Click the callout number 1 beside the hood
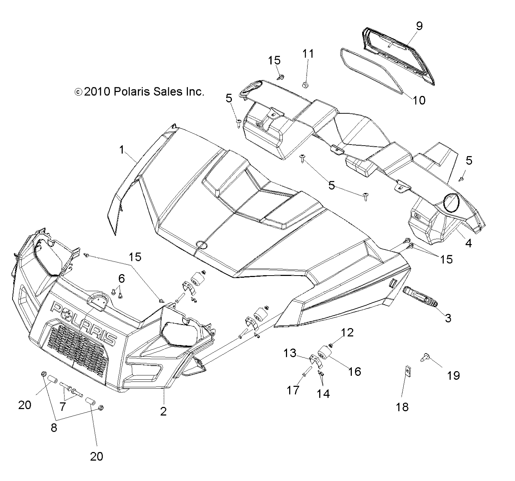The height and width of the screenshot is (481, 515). coord(122,150)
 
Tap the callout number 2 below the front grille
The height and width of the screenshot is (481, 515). coord(163,412)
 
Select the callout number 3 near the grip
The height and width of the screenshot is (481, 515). coord(448,318)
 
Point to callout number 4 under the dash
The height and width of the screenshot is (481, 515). coord(468,243)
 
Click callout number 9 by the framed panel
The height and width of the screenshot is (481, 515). coord(419,26)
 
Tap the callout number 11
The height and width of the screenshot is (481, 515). coord(308,54)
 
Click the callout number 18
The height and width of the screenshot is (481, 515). coord(403,407)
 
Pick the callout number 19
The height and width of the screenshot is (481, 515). coord(453,375)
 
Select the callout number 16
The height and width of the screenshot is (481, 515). coord(354,371)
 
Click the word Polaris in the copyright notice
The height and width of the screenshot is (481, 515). coord(131,92)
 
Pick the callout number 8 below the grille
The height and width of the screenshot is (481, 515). coord(54,428)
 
